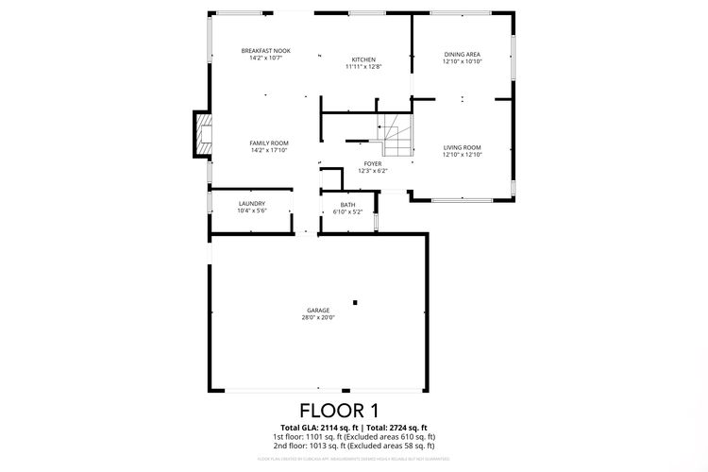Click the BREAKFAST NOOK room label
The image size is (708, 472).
[x=265, y=50]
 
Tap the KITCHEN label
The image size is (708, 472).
[x=363, y=59]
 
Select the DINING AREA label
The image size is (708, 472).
[x=463, y=54]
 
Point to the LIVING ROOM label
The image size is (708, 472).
[x=463, y=146]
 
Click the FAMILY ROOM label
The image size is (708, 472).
[x=268, y=143]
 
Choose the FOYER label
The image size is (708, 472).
[x=373, y=163]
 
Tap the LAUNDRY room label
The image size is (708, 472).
[x=251, y=203]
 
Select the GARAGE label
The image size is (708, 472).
[x=318, y=310]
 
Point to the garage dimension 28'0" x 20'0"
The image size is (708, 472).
[x=318, y=318]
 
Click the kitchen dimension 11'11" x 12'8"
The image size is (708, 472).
[x=363, y=67]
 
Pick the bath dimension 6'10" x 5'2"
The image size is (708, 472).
[x=348, y=212]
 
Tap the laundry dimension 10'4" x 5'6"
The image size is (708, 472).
[x=251, y=211]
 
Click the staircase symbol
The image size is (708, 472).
[x=396, y=137]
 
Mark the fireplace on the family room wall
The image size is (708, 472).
[x=203, y=132]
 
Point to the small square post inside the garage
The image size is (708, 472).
[x=355, y=302]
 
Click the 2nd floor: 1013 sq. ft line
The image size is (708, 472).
[x=353, y=446]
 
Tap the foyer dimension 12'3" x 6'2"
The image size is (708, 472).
[x=373, y=172]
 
